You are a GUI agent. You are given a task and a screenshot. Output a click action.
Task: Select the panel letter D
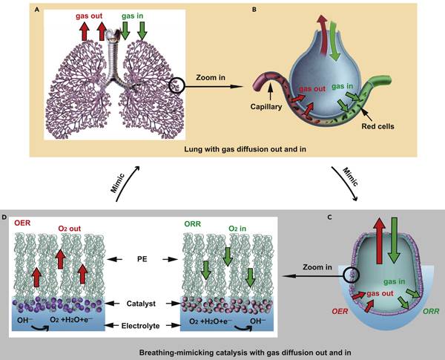[x=12, y=217]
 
